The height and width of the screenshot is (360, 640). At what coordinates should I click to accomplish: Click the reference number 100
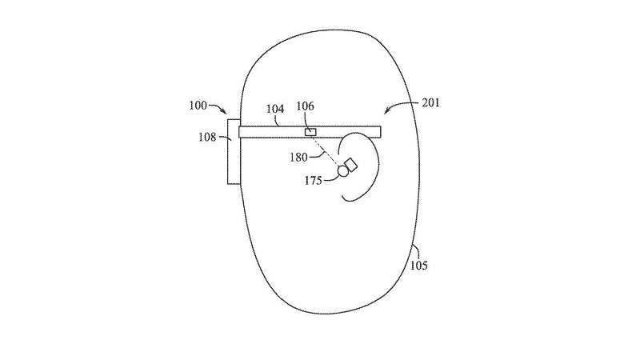point(198,106)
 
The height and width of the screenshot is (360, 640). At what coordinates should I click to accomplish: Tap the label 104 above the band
point(275,109)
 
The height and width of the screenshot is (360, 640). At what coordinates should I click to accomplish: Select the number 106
point(306,106)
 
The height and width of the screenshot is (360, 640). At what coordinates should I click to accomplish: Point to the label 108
point(207,137)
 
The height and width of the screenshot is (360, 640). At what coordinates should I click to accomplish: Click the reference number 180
point(298,157)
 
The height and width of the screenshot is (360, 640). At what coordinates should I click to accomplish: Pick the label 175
point(314,181)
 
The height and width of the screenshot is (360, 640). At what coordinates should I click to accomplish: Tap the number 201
point(430,102)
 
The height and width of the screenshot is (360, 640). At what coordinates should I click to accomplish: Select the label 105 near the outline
point(418,266)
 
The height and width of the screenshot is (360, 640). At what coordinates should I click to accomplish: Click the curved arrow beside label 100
point(218,108)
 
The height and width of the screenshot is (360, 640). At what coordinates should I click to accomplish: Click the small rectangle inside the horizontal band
point(310,132)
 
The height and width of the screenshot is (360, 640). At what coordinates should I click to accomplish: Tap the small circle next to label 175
point(343,171)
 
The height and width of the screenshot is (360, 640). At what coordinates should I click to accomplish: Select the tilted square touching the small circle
point(350,165)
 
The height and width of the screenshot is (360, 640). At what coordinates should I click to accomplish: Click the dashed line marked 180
point(326,150)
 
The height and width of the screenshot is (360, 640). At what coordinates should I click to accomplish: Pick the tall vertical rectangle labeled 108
point(234,151)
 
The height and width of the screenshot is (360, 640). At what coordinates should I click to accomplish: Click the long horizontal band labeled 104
point(310,132)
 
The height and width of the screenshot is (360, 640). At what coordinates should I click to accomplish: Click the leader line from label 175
point(330,178)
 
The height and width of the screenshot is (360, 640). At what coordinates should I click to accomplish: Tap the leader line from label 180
point(317,154)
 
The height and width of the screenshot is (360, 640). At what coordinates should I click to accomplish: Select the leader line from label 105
point(415,252)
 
